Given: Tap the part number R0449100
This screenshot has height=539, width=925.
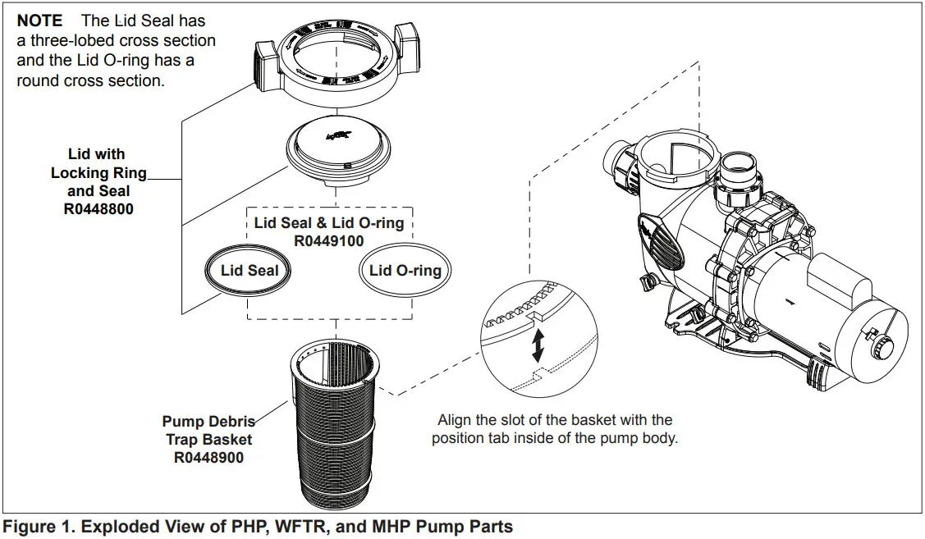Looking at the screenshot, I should click(x=328, y=241).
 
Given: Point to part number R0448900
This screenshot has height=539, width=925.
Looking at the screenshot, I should click(x=208, y=458).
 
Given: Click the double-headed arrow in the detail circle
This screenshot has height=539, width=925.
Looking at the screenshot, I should click(x=538, y=346).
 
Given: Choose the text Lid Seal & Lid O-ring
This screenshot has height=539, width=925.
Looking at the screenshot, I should click(x=328, y=223).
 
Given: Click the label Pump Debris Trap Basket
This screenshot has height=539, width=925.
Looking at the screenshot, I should click(x=208, y=431).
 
